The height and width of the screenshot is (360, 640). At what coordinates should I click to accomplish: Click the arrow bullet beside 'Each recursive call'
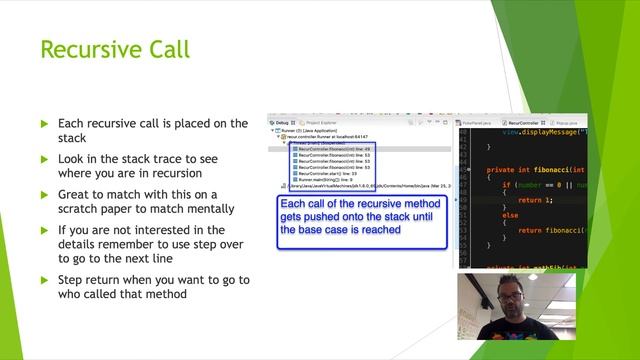(x=44, y=124)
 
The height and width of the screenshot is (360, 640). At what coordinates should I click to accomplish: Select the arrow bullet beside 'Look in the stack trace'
(x=44, y=159)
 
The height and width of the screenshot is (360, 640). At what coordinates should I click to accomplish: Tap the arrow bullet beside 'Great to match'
(x=44, y=194)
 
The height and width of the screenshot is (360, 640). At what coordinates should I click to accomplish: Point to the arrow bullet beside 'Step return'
(x=44, y=280)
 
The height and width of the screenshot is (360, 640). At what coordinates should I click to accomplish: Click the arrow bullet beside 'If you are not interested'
(x=44, y=230)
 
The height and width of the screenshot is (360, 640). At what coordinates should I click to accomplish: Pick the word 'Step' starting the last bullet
(x=71, y=280)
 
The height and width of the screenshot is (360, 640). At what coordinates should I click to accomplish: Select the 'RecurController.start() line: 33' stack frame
(x=326, y=173)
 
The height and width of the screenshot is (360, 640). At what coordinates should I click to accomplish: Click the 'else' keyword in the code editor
(x=509, y=214)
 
